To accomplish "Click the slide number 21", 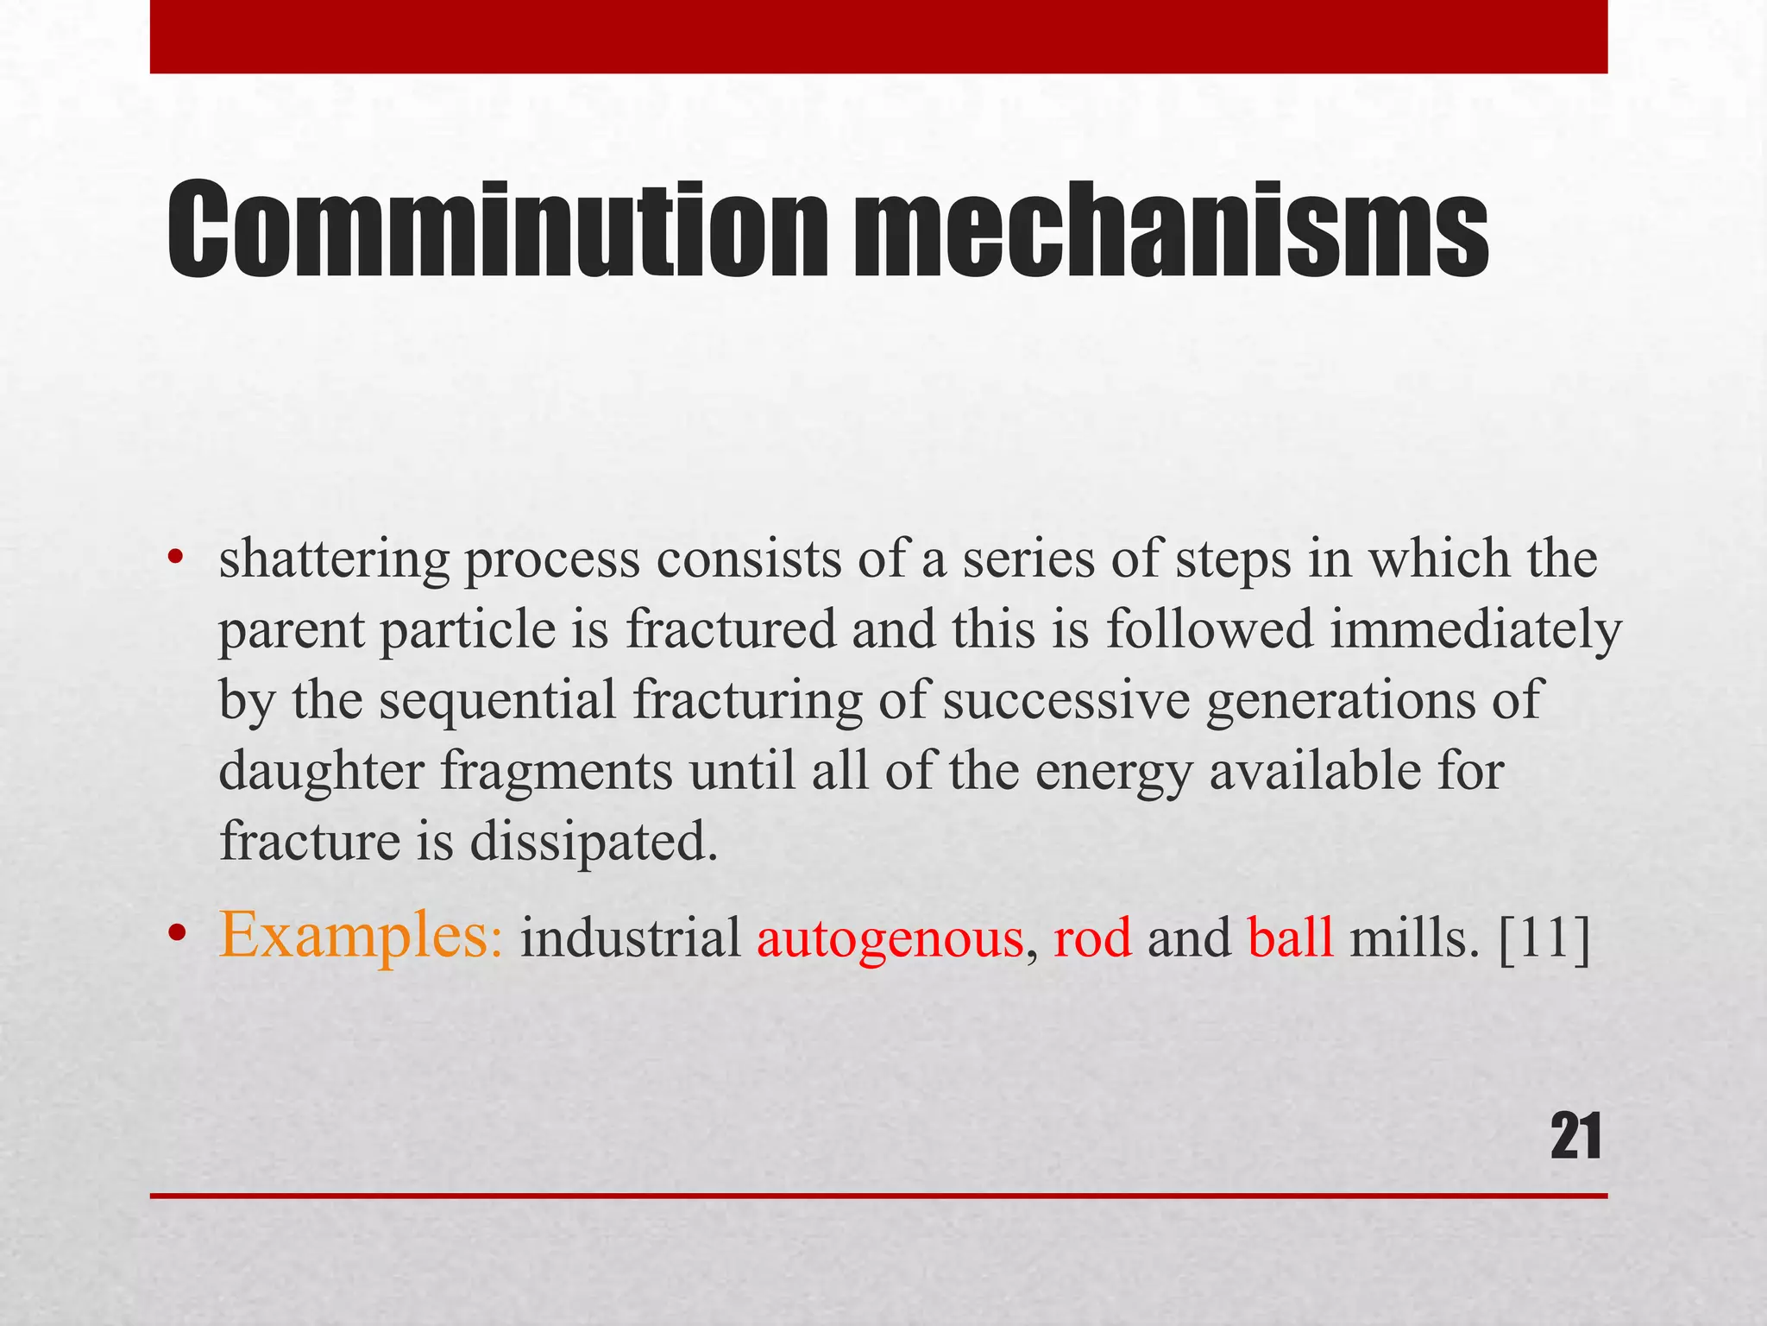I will pos(1575,1138).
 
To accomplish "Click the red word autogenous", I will pos(890,939).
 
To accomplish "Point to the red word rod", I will pos(1092,939).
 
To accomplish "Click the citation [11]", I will pos(1544,939).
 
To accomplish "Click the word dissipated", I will pos(594,843).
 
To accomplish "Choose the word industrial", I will pos(631,939).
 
